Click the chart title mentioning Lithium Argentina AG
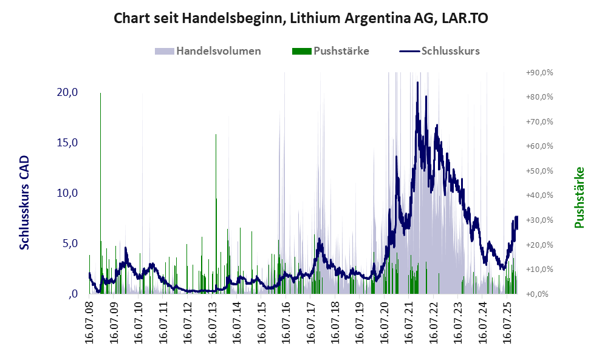301,19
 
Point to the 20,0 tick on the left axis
67,92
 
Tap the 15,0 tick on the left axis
67,143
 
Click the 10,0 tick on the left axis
67,193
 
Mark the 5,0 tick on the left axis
69,243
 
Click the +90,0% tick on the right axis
539,72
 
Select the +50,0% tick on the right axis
539,171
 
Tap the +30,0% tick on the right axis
539,220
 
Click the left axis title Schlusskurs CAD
25,202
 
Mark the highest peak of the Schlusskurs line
417,83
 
